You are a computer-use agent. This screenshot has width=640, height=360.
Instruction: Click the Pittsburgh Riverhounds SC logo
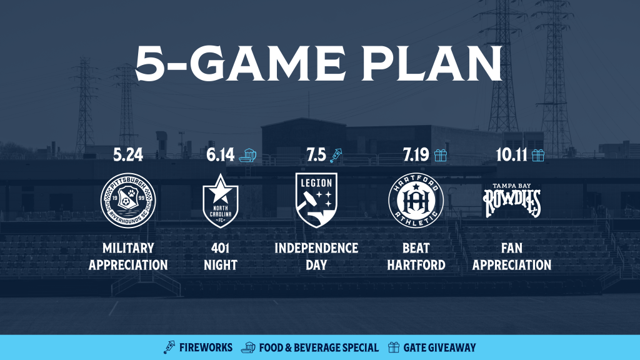128,200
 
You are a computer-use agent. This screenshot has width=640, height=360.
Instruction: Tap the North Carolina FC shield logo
221,201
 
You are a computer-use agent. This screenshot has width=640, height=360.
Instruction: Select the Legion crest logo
316,199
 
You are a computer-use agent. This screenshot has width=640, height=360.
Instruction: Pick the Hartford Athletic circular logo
416,200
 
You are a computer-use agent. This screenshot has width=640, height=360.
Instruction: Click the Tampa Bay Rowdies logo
512,200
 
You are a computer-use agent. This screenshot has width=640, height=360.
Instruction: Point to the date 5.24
128,155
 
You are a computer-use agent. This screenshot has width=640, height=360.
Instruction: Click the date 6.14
221,155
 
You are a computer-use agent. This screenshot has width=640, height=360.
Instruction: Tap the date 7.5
316,155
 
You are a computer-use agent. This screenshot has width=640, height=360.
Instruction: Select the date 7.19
416,155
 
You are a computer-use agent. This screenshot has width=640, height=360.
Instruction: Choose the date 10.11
511,155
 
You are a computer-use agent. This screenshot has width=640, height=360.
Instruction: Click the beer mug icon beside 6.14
247,155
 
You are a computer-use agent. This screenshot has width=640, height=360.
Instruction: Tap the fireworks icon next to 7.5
336,156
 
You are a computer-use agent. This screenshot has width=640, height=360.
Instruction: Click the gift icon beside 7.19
441,155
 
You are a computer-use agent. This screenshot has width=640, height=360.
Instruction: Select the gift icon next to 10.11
538,155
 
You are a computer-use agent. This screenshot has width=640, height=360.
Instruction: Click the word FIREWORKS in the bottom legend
206,347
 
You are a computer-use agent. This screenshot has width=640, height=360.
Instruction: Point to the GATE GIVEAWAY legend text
439,347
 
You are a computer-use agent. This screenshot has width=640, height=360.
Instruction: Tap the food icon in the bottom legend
247,347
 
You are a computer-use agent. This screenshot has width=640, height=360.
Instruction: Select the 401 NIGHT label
221,257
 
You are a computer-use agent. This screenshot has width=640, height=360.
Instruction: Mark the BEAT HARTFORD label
416,257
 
